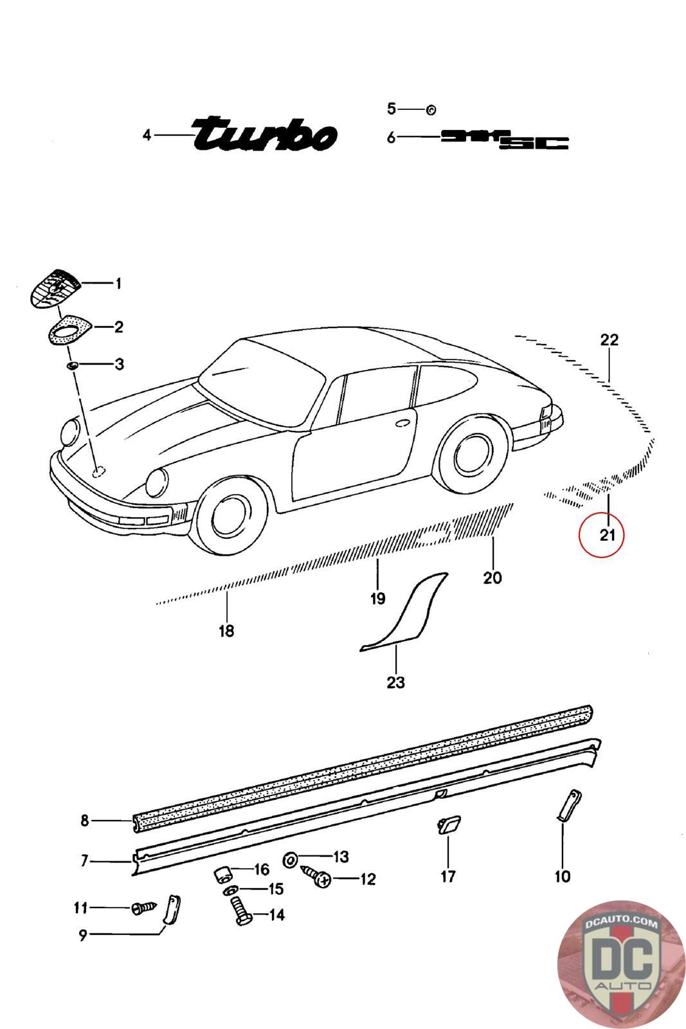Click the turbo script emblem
coord(265,134)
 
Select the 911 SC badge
coord(505,139)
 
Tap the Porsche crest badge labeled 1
coord(55,287)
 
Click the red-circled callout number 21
coord(608,534)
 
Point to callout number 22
coord(609,340)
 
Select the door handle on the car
coord(402,424)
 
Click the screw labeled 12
coord(316,877)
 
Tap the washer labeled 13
coord(290,859)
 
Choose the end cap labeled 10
coord(568,806)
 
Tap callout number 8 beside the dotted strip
coord(84,820)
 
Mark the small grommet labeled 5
coord(431,110)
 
